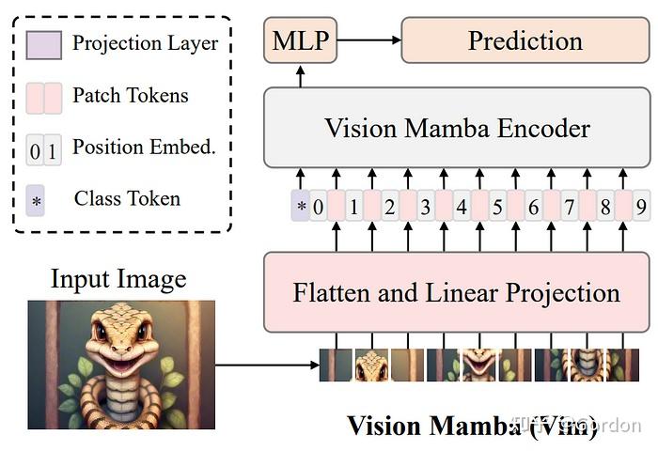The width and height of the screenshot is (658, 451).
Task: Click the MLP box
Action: [x=300, y=40]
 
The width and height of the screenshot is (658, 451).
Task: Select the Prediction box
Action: [x=525, y=40]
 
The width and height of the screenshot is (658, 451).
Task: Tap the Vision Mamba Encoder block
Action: [x=457, y=129]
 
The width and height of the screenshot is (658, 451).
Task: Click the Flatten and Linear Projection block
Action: [x=457, y=291]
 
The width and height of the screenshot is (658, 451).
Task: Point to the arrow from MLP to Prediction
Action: [x=368, y=40]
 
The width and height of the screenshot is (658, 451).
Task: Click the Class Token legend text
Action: [x=127, y=198]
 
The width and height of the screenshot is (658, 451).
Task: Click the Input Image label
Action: [x=118, y=279]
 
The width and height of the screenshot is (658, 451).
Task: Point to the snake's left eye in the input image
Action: [x=101, y=332]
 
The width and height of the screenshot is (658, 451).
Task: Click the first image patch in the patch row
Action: [x=336, y=365]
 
